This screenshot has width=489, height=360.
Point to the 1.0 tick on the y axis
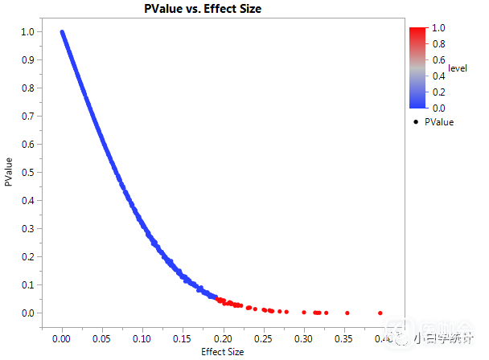[28, 32]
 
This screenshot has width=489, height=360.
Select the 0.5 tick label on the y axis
[28, 173]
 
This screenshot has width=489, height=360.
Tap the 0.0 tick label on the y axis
[28, 313]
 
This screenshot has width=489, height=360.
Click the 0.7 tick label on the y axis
[28, 117]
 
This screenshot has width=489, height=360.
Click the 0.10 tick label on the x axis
[142, 339]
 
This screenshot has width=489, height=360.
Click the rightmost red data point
[380, 313]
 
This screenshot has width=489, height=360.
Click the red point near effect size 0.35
[347, 313]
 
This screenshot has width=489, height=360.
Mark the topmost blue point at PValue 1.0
[62, 32]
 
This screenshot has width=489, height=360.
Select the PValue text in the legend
[439, 122]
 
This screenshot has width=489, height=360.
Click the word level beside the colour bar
[458, 68]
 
